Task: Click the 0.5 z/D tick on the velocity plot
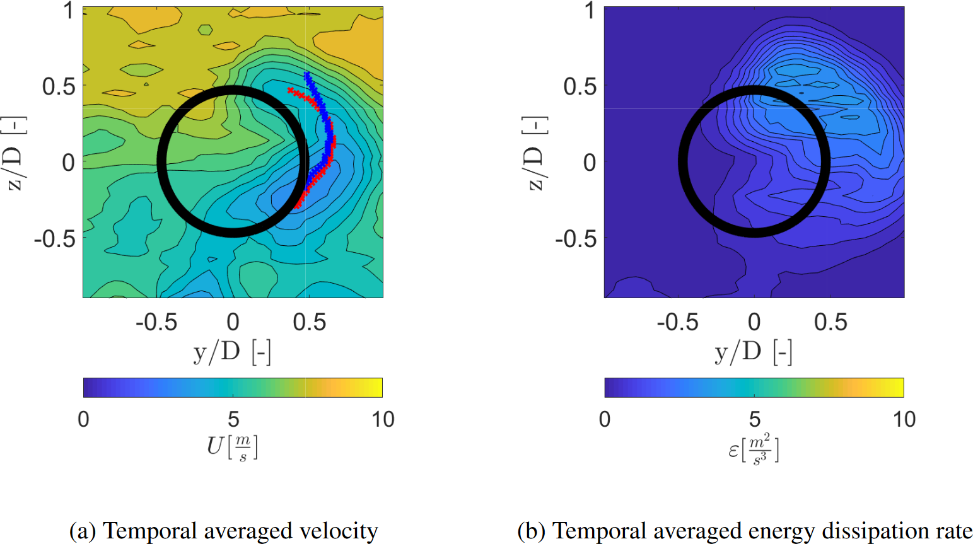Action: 59,86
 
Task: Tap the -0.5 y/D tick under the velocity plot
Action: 156,322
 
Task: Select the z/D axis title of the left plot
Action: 14,153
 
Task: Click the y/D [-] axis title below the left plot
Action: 232,352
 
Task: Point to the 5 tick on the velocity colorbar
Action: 233,419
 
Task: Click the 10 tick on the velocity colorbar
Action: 383,419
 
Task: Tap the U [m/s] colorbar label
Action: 232,448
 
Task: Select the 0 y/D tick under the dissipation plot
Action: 754,322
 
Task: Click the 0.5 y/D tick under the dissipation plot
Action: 830,322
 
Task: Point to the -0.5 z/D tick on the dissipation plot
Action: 575,239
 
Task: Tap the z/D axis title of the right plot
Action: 535,153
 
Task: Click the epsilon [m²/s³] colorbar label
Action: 754,449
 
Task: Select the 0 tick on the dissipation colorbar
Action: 605,419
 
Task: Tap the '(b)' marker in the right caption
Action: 531,531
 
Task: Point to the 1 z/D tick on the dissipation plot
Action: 589,11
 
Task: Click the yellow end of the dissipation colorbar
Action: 899,388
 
